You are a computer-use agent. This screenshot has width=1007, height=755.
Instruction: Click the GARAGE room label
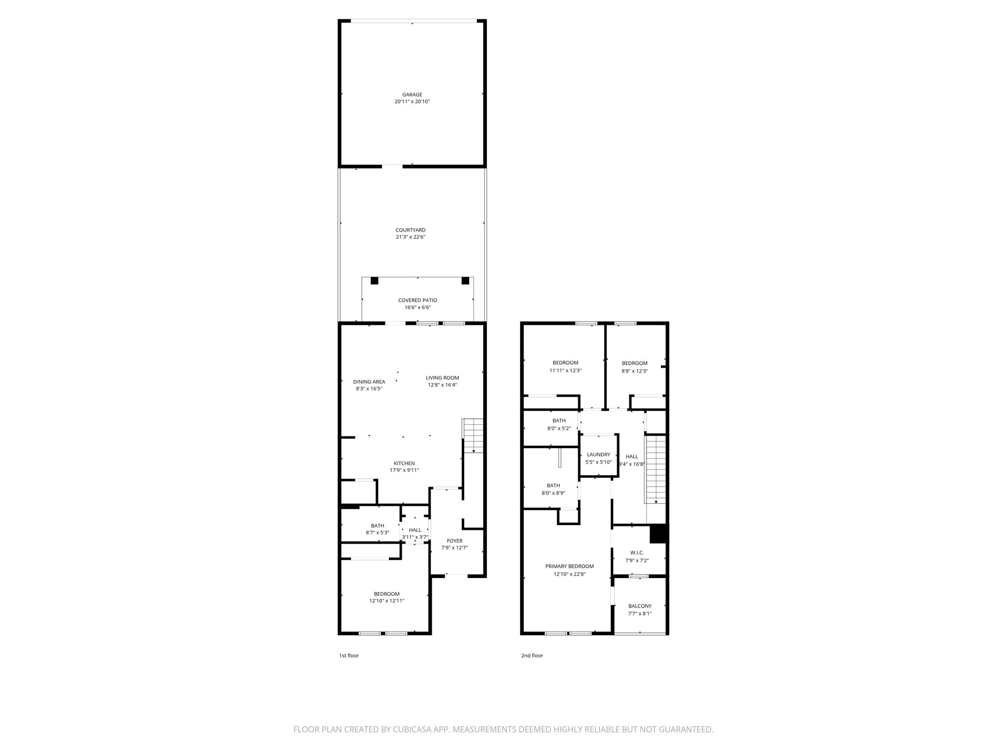click(x=412, y=94)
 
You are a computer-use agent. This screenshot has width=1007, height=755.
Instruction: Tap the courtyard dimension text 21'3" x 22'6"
click(x=410, y=237)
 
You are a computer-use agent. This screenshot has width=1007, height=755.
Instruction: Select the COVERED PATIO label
click(x=417, y=300)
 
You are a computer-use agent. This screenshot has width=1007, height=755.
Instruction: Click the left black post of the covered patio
click(x=374, y=281)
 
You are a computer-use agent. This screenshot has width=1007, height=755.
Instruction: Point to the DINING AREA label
click(x=369, y=382)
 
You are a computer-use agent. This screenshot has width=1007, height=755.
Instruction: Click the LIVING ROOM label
click(x=442, y=378)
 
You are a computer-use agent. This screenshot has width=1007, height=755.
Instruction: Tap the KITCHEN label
click(x=404, y=464)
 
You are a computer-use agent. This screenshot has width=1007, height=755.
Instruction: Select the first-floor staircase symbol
click(x=473, y=435)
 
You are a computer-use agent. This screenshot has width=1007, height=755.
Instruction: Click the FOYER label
click(x=454, y=541)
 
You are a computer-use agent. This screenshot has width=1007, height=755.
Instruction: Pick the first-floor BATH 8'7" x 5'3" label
click(x=378, y=526)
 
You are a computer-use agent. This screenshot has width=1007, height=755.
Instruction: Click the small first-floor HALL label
click(x=415, y=530)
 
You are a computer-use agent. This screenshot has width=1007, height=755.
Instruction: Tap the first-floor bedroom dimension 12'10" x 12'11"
click(x=386, y=601)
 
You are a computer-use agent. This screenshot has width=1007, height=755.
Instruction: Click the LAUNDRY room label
click(x=598, y=455)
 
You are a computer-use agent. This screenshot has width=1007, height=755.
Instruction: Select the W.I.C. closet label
click(x=637, y=553)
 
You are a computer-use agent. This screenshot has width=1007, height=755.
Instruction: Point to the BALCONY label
click(x=640, y=606)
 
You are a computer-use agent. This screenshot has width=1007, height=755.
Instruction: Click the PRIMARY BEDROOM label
click(x=569, y=566)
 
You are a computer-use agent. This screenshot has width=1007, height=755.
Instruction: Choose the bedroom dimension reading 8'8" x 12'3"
click(x=634, y=371)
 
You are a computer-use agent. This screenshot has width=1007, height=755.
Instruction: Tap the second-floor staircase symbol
click(x=655, y=469)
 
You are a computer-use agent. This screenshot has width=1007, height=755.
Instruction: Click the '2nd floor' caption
click(x=532, y=656)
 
